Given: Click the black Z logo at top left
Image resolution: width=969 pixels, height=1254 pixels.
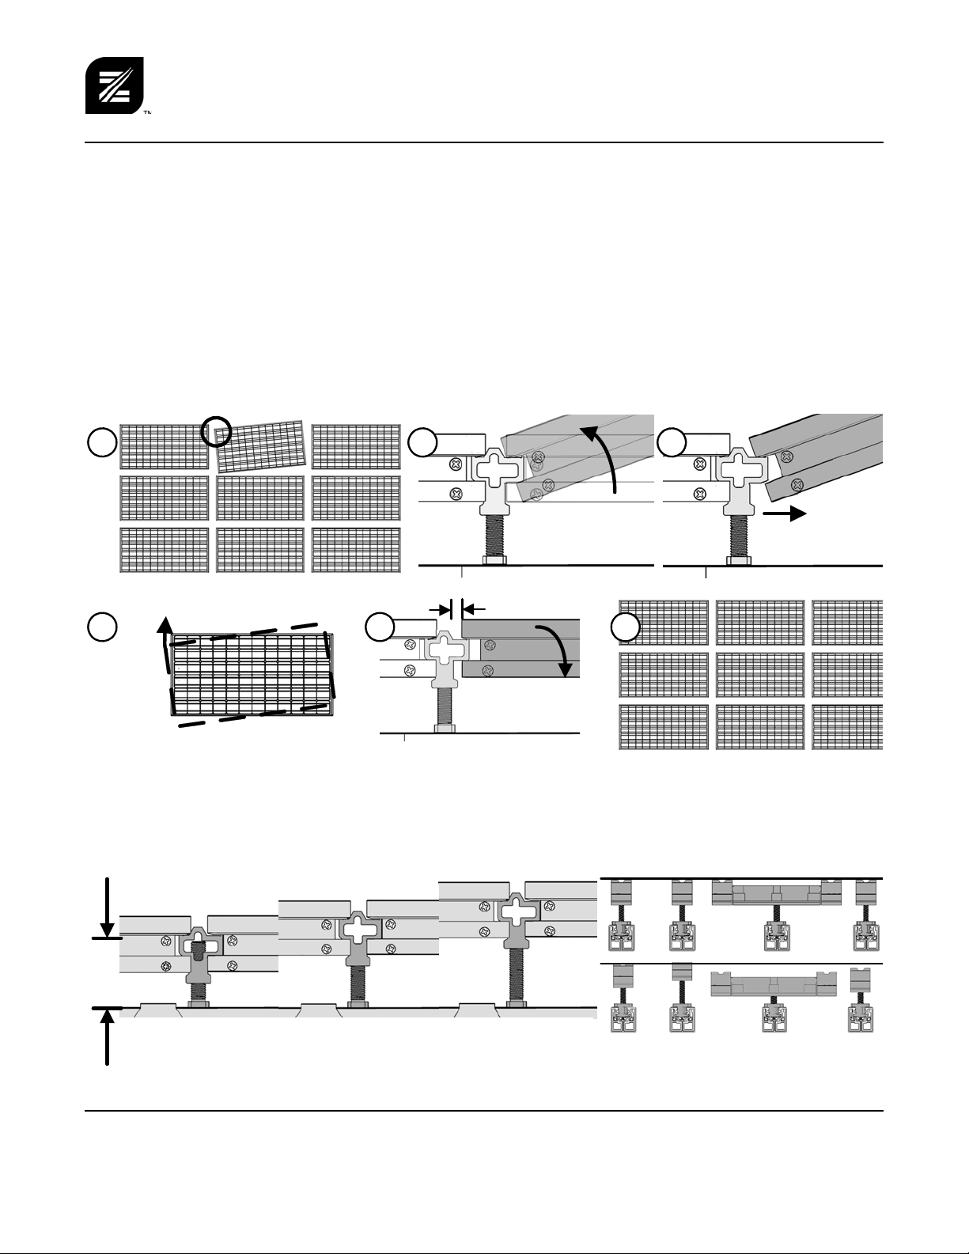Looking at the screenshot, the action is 115,85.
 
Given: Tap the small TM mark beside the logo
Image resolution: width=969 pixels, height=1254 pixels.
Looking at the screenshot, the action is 147,112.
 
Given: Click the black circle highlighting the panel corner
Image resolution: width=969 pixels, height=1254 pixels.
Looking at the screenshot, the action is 216,431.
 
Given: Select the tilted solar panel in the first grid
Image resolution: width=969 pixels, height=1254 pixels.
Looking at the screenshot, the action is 261,443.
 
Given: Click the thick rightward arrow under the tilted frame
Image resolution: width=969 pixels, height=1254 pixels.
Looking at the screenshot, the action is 785,513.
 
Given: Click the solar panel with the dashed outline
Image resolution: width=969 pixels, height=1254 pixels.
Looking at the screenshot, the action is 252,675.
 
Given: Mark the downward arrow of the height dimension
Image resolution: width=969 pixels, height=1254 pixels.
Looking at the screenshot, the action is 107,907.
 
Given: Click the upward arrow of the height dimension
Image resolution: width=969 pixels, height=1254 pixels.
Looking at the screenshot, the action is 107,1037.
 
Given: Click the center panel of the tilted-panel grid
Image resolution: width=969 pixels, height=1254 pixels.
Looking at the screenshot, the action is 260,498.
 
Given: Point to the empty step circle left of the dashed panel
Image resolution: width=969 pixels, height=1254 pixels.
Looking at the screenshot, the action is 102,627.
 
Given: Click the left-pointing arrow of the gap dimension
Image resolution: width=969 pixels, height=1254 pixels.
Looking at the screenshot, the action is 474,608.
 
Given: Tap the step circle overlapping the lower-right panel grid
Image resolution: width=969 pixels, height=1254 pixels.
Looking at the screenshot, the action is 625,627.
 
